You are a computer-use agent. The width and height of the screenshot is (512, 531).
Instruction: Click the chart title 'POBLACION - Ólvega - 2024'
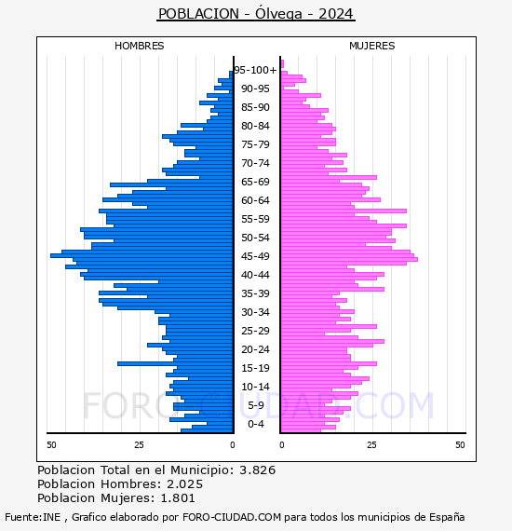click(x=256, y=14)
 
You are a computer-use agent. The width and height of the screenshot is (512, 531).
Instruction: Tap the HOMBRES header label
click(x=139, y=46)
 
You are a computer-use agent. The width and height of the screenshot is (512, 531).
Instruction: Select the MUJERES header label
click(x=372, y=46)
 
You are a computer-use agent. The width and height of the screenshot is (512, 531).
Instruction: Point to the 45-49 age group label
click(x=255, y=256)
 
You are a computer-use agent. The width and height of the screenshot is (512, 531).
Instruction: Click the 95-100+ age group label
click(x=255, y=70)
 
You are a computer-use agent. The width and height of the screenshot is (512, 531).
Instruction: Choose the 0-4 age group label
click(x=256, y=424)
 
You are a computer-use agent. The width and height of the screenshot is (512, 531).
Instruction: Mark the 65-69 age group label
click(x=255, y=182)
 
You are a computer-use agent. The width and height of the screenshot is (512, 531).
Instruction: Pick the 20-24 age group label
click(x=255, y=349)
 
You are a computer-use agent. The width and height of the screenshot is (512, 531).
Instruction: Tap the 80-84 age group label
click(x=255, y=126)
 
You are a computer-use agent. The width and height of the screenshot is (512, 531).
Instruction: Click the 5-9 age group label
click(x=256, y=405)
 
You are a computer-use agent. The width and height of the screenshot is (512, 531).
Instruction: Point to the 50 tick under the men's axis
click(x=51, y=445)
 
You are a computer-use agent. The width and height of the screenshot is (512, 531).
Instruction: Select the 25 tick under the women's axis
click(x=371, y=445)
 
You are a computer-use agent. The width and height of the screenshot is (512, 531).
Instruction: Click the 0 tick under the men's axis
click(x=233, y=445)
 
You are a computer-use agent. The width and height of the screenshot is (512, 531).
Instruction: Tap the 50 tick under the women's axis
click(x=460, y=445)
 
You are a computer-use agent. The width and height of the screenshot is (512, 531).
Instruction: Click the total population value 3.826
click(x=258, y=470)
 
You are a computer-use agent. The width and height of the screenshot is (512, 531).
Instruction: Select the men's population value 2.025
click(x=184, y=484)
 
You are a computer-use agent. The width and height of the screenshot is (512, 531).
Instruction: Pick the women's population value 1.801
click(x=177, y=498)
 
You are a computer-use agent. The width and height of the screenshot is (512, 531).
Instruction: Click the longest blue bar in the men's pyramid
click(x=141, y=255)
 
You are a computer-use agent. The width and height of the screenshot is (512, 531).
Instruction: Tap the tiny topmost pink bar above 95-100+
click(x=282, y=63)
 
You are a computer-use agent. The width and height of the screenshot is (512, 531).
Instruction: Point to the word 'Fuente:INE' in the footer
click(x=33, y=517)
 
